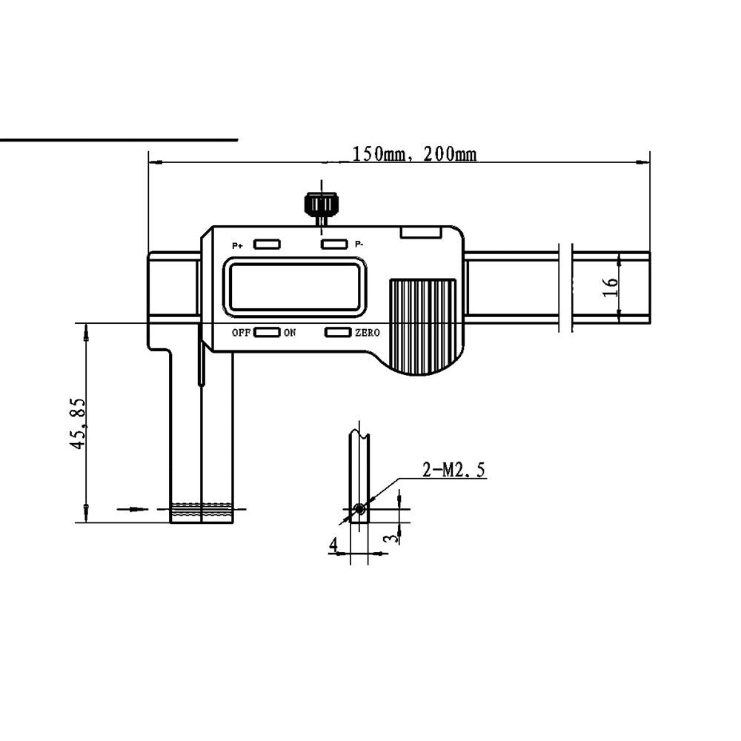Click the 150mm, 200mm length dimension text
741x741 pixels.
click(414, 154)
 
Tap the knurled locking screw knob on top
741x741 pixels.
click(321, 203)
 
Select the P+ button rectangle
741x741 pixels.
click(267, 245)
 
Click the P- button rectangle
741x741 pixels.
click(334, 245)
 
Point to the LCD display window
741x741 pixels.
click(295, 286)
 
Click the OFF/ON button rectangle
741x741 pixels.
click(267, 332)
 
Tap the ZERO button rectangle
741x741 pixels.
click(338, 332)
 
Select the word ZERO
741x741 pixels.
click(368, 333)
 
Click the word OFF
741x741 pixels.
click(241, 333)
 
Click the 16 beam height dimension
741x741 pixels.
click(611, 287)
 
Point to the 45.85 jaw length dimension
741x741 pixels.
click(78, 423)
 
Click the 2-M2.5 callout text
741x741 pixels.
click(453, 471)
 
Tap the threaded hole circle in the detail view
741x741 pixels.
click(360, 509)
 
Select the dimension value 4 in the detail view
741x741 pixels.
click(333, 545)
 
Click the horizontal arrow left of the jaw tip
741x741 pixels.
click(133, 509)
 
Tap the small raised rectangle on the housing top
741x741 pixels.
click(421, 231)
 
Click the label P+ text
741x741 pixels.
click(237, 246)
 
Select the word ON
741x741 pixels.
click(290, 333)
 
